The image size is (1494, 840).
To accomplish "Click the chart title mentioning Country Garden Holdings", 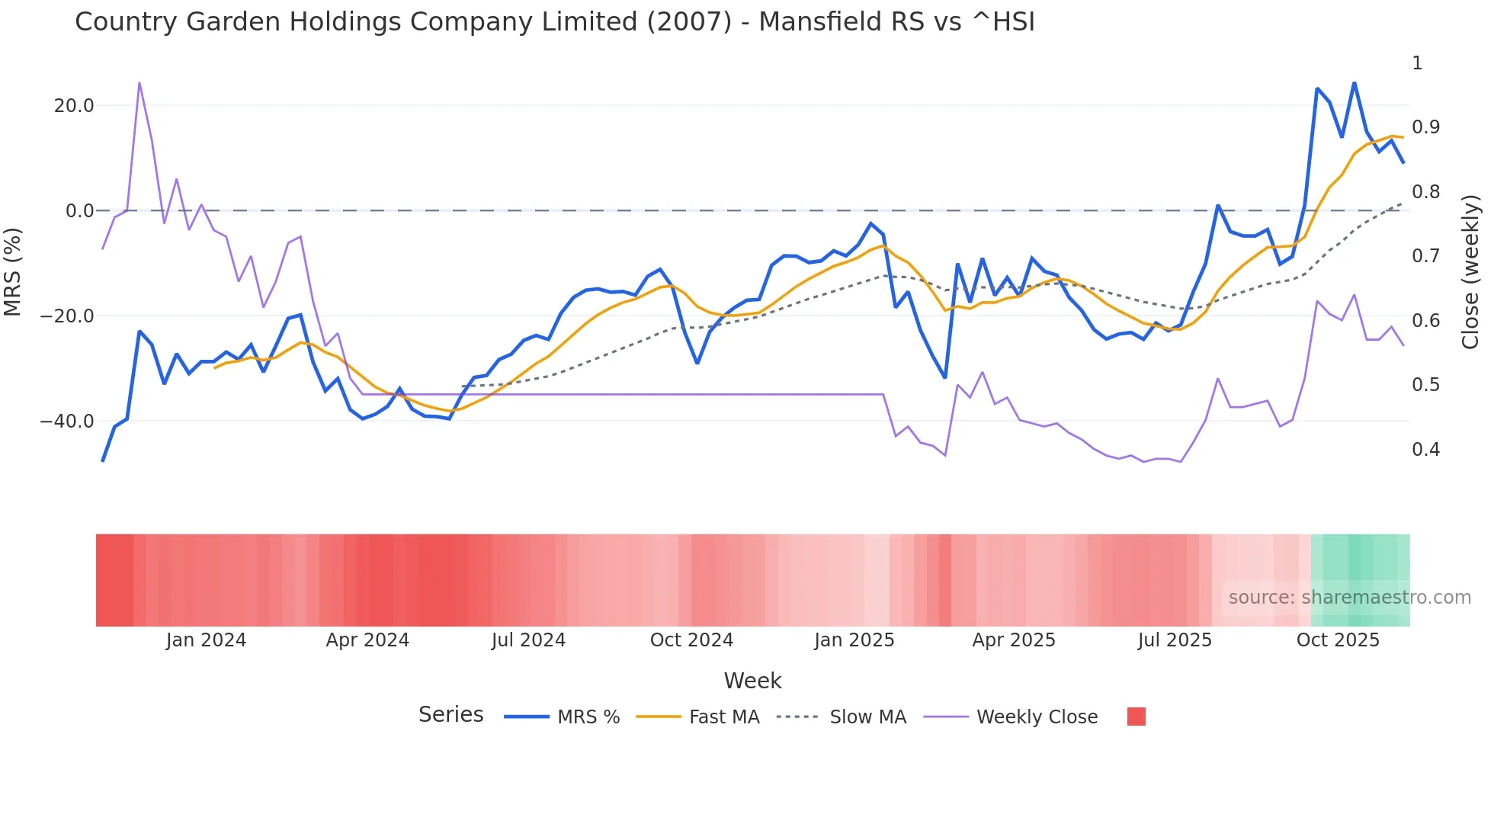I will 554,22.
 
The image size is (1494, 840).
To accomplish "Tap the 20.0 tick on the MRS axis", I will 74,106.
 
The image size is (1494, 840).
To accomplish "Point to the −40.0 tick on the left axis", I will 67,422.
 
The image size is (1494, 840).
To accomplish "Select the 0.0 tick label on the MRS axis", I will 80,211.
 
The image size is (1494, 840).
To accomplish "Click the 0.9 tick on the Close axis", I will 1425,127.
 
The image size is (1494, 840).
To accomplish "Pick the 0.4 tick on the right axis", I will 1425,450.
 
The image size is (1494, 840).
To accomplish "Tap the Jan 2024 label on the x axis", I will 206,640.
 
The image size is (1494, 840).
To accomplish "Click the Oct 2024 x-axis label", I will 691,640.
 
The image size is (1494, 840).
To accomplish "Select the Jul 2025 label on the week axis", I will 1175,640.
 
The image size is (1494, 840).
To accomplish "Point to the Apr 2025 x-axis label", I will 1014,640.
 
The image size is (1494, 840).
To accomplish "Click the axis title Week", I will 752,681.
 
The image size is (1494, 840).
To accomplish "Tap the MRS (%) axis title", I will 13,271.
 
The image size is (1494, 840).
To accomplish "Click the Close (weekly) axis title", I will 1470,272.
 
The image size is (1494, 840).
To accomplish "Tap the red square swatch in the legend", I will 1136,717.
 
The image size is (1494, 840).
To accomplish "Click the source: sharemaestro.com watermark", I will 1349,598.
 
